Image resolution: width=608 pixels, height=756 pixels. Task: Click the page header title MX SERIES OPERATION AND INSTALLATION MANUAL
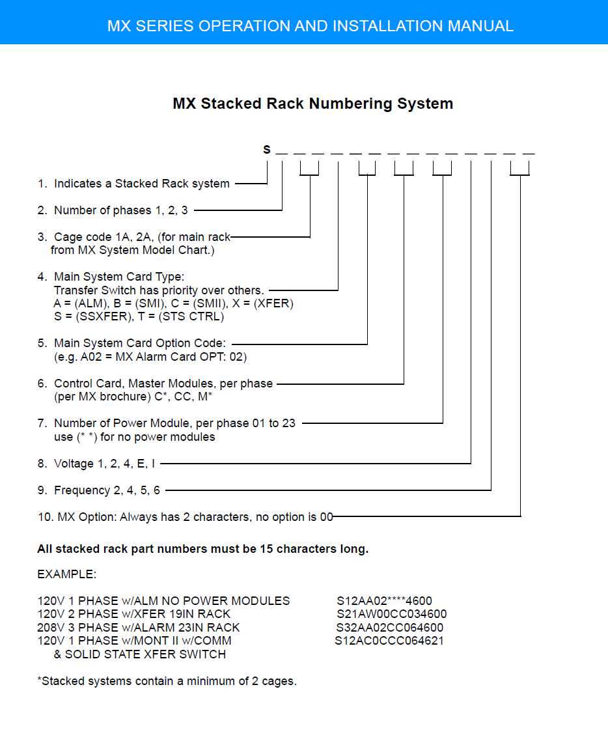[x=310, y=25]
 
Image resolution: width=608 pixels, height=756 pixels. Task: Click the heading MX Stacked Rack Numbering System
[x=313, y=104]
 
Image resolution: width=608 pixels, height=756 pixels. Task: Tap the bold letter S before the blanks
[x=267, y=150]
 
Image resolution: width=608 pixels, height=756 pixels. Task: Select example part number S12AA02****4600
[x=384, y=601]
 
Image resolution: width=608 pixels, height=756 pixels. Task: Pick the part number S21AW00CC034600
[x=391, y=614]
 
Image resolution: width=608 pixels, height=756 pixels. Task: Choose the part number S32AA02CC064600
[x=389, y=627]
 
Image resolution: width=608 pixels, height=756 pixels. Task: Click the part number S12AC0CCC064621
[x=389, y=640]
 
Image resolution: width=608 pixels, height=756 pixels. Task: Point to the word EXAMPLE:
[x=66, y=574]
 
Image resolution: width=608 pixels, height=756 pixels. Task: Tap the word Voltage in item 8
[x=74, y=464]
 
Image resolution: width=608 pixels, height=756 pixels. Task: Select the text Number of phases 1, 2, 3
[x=121, y=210]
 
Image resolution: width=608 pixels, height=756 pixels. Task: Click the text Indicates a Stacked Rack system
[x=142, y=184]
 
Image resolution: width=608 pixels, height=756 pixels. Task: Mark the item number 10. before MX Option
[x=46, y=517]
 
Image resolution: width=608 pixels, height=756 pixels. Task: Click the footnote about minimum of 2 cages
[x=167, y=680]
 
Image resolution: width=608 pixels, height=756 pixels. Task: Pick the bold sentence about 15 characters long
[x=202, y=549]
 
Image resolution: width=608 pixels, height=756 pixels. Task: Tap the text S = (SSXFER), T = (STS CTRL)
[x=139, y=316]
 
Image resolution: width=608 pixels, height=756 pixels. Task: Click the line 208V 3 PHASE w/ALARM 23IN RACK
[x=139, y=627]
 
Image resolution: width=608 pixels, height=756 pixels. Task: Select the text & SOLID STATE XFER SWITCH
[x=140, y=654]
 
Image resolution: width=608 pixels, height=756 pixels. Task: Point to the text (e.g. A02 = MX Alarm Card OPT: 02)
[x=150, y=357]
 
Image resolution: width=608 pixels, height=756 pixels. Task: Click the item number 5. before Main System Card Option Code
[x=42, y=343]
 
